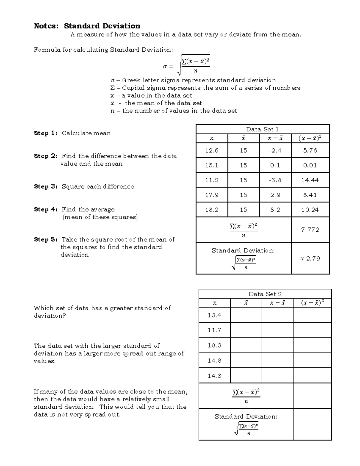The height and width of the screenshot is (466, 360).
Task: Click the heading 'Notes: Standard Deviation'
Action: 87,26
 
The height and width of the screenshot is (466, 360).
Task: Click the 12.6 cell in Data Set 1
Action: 212,150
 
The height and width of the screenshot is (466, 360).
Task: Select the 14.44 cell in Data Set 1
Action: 310,180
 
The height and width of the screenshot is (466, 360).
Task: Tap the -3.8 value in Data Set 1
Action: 275,180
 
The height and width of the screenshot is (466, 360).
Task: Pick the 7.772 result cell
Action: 310,230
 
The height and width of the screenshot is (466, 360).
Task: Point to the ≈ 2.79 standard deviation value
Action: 310,258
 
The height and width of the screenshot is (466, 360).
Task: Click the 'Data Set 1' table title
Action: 262,129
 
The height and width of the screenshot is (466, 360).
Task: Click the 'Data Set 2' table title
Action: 265,294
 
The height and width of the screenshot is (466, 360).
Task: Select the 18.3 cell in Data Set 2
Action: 214,345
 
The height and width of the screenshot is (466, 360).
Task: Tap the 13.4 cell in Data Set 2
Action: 214,315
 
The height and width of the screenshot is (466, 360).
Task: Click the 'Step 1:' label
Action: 45,133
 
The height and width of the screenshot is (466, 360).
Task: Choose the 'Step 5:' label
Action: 45,239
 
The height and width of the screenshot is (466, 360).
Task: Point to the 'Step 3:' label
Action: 45,187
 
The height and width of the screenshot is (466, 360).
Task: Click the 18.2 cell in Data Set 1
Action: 212,210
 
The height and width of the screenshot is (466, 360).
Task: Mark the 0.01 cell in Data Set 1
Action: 310,165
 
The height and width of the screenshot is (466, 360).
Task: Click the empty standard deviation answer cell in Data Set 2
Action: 312,424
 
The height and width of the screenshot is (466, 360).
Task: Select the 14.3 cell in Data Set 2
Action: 214,376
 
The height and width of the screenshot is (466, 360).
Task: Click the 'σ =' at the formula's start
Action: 168,67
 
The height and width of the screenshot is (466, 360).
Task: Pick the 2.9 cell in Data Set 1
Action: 275,195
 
